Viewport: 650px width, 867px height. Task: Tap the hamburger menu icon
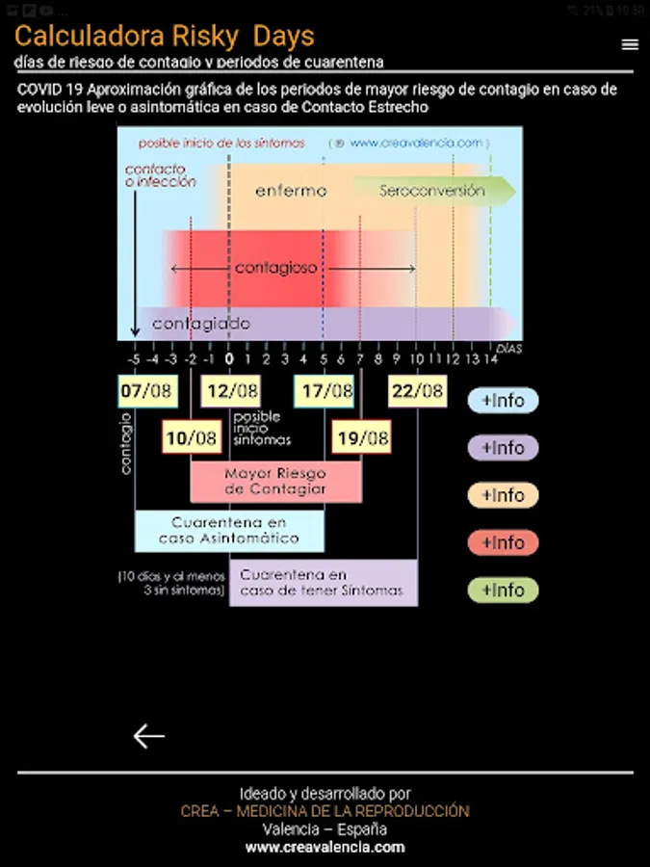click(x=630, y=44)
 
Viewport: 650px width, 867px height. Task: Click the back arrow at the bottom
click(x=148, y=736)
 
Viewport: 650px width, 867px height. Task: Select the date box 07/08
click(x=145, y=391)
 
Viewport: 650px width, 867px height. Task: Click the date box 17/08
click(x=325, y=391)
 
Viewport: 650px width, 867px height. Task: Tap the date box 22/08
click(x=417, y=391)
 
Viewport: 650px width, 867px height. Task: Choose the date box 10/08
click(x=191, y=438)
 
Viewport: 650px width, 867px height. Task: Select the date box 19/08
click(x=361, y=438)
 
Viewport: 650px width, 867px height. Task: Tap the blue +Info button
click(x=503, y=401)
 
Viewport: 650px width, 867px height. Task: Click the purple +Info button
click(x=503, y=448)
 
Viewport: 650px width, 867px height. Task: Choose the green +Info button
click(x=503, y=591)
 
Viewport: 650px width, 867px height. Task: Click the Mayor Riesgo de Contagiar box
click(x=275, y=482)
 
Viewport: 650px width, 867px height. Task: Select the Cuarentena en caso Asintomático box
click(x=229, y=530)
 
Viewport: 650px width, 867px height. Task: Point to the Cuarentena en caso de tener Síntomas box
click(x=323, y=582)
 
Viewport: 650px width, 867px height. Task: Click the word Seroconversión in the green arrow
click(x=431, y=191)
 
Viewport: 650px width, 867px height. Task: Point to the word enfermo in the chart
click(x=291, y=191)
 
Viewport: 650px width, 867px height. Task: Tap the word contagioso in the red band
click(x=276, y=268)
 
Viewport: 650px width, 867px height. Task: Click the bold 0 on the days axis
click(x=229, y=358)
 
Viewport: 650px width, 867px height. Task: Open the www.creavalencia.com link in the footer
click(x=325, y=848)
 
